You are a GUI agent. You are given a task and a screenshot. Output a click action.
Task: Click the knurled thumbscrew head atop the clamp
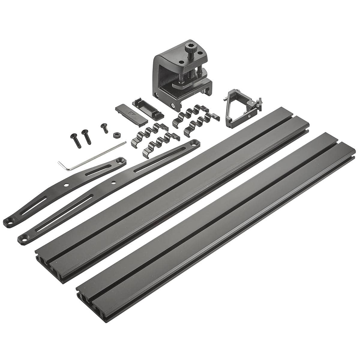190,47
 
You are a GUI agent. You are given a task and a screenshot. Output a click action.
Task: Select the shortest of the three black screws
105,127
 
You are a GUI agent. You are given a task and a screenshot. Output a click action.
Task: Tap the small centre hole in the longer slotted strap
113,182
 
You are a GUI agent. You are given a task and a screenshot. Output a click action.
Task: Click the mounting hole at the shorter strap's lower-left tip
10,222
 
